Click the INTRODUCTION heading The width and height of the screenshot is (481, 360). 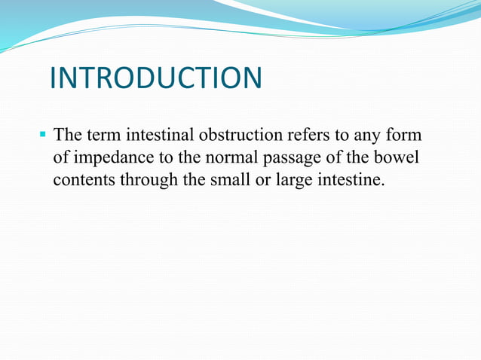(156, 78)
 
